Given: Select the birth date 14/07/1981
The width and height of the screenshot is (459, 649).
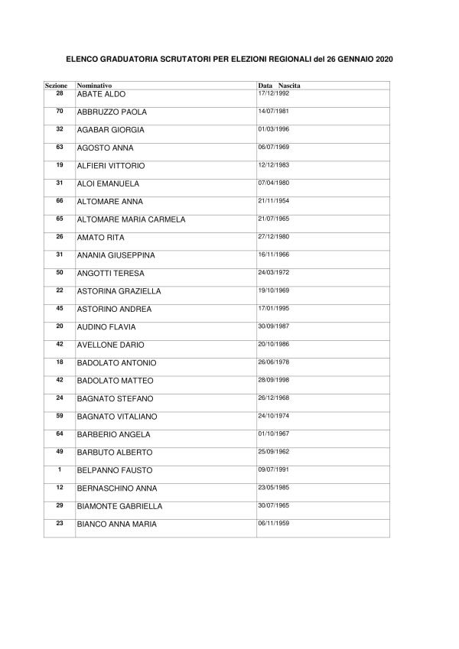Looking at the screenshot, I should click(274, 110).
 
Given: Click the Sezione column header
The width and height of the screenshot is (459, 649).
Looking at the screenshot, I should click(56, 85).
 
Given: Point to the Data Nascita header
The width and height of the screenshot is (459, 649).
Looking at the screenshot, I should click(278, 85).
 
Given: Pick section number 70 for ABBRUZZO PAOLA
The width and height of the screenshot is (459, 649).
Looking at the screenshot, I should click(60, 111).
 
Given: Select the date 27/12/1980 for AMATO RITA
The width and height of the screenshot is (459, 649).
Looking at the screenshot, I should click(274, 235).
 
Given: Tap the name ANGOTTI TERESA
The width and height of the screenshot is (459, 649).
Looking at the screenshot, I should click(110, 273).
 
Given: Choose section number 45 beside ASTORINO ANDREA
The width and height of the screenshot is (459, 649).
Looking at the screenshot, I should click(60, 308).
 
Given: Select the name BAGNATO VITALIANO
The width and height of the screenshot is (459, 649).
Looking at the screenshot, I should click(117, 417).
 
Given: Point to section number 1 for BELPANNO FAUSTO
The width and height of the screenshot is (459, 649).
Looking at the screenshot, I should click(60, 469).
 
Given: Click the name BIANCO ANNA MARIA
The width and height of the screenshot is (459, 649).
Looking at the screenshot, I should click(117, 524).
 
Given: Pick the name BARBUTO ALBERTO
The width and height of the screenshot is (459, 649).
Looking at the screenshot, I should click(114, 453).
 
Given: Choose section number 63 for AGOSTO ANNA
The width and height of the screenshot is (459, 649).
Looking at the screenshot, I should click(60, 147).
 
